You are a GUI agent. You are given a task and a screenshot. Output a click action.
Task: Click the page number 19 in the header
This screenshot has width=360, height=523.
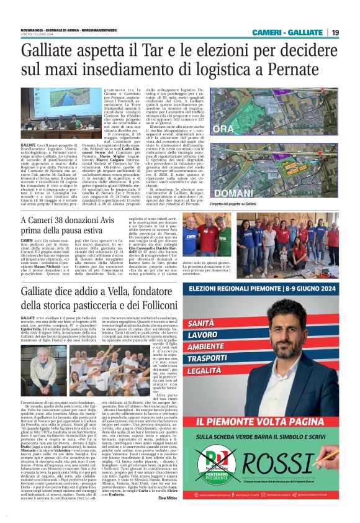pyautogui.click(x=335, y=32)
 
